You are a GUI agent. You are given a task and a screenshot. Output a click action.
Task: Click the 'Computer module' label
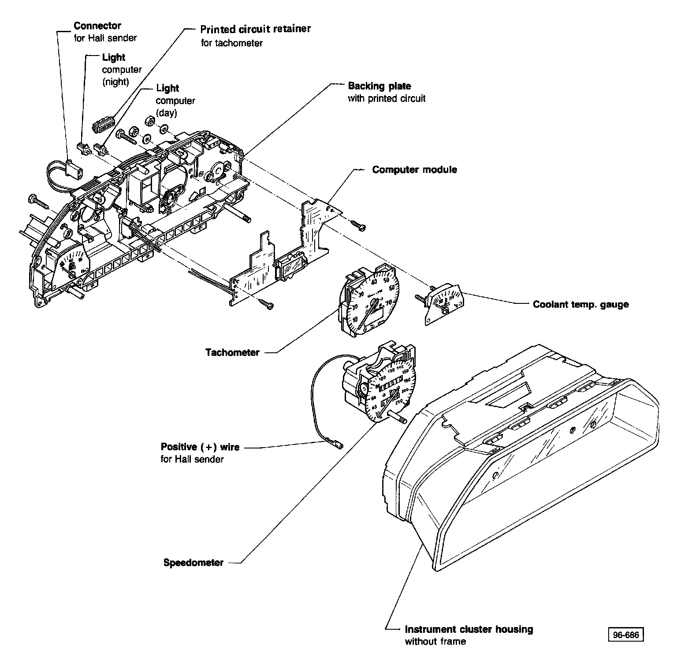[x=414, y=170]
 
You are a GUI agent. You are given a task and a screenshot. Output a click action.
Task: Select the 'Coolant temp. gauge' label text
[x=580, y=304]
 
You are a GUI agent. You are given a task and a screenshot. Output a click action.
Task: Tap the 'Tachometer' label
[x=232, y=352]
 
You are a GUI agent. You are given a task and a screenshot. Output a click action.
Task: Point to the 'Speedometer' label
[x=193, y=563]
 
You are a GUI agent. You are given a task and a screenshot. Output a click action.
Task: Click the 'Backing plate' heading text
[x=379, y=86]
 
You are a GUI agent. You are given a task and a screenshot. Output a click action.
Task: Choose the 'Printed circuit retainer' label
[x=255, y=29]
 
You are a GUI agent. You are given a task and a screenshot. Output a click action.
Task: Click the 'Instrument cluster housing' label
[x=469, y=629]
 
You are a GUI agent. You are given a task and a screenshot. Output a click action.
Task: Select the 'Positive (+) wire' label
[x=200, y=447]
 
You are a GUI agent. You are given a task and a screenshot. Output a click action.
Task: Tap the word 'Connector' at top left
[x=97, y=26]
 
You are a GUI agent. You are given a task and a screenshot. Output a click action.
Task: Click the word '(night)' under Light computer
[x=115, y=82]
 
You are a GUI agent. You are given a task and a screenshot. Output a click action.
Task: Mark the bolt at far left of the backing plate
[x=38, y=202]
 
